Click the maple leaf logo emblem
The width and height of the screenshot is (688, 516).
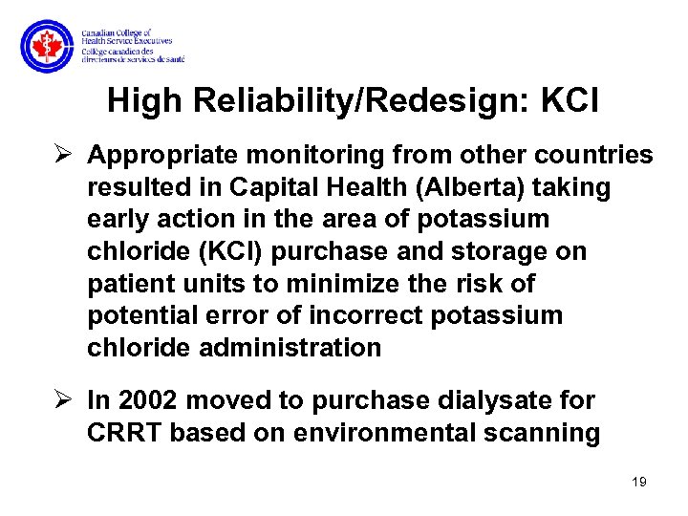click(x=45, y=46)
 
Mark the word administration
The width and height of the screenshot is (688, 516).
click(x=290, y=348)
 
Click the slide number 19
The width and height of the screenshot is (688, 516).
click(x=639, y=482)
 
